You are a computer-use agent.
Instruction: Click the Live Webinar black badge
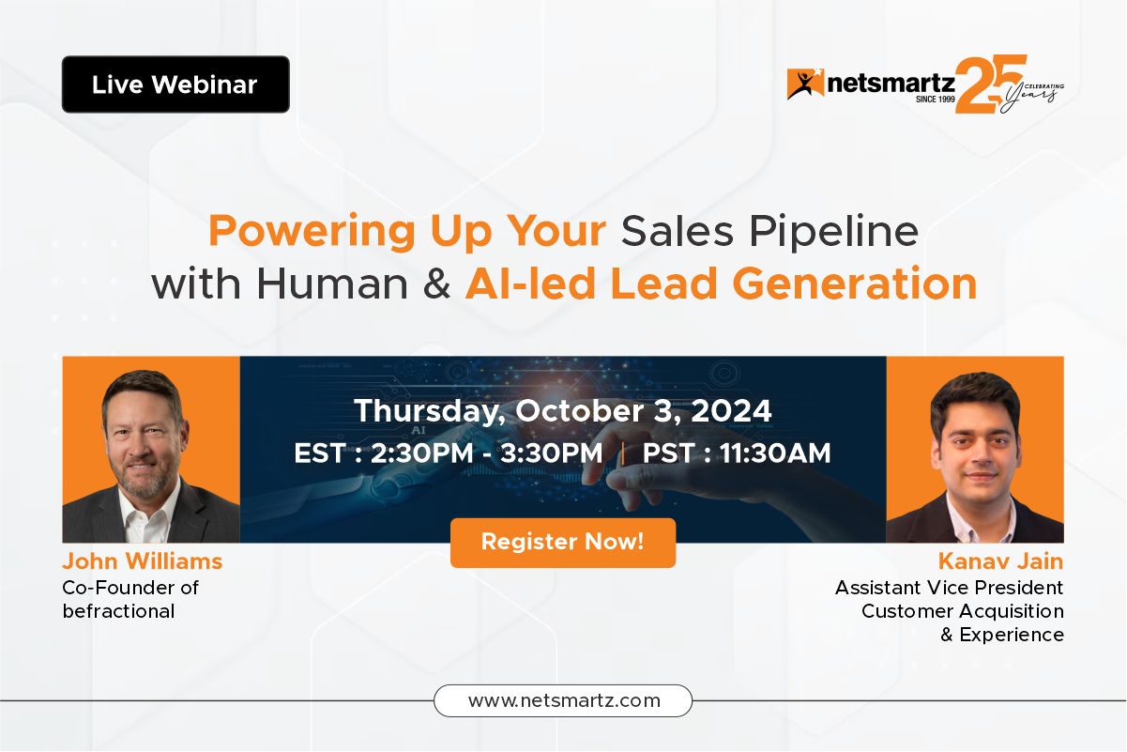pyautogui.click(x=175, y=84)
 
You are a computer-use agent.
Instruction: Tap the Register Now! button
pyautogui.click(x=563, y=543)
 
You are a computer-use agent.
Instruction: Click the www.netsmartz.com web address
pyautogui.click(x=563, y=700)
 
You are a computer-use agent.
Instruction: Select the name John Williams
pyautogui.click(x=143, y=561)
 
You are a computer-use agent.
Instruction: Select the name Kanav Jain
pyautogui.click(x=1000, y=561)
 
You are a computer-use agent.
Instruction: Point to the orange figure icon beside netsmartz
pyautogui.click(x=805, y=84)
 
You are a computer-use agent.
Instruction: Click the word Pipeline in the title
pyautogui.click(x=833, y=232)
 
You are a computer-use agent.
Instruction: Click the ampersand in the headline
pyautogui.click(x=436, y=284)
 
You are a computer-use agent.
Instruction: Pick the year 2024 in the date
pyautogui.click(x=731, y=410)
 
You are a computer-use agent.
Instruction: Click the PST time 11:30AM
pyautogui.click(x=775, y=453)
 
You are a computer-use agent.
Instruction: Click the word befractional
pyautogui.click(x=119, y=611)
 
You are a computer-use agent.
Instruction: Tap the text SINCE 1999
pyautogui.click(x=936, y=100)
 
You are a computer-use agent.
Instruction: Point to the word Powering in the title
pyautogui.click(x=312, y=233)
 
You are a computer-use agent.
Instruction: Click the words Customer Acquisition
pyautogui.click(x=963, y=611)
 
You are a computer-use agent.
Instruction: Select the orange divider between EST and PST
pyautogui.click(x=623, y=453)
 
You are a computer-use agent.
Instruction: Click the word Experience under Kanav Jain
pyautogui.click(x=1012, y=636)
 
